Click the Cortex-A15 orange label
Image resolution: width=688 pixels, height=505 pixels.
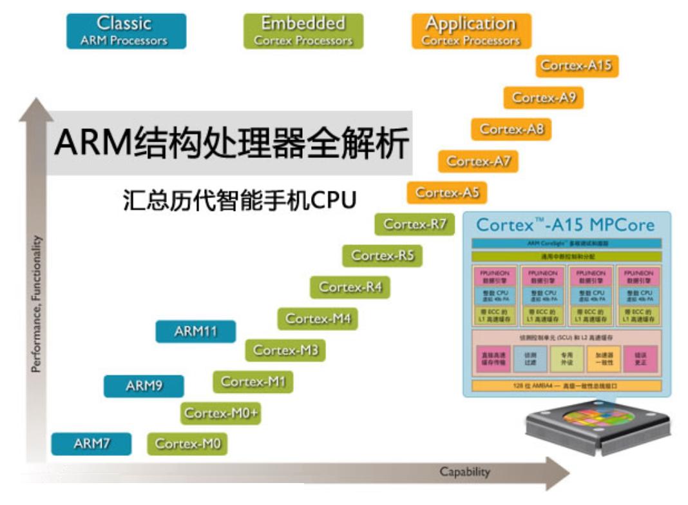pos(577,66)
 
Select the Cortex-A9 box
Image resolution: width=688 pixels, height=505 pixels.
pos(544,98)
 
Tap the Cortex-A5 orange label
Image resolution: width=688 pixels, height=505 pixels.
pos(446,192)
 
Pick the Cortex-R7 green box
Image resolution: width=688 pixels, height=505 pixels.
pos(414,224)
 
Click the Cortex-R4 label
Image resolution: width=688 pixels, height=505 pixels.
pos(350,287)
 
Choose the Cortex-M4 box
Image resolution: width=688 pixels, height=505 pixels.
pos(318,319)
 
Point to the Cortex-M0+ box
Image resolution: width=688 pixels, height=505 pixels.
pos(222,413)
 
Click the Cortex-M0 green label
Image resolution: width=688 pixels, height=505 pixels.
pos(187,444)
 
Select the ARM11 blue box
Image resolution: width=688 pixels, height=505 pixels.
pos(195,332)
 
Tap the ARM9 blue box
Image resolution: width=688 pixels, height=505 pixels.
pos(144,386)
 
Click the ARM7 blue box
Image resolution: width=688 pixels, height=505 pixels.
pos(91,444)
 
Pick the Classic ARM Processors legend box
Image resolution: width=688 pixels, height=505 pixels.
pos(126,31)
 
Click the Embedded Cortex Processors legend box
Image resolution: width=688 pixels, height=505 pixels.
pos(303,31)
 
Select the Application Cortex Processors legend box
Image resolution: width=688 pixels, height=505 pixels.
pos(471,31)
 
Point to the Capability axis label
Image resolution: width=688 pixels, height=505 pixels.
pos(464,472)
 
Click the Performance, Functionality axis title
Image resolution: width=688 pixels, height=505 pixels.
pos(37,303)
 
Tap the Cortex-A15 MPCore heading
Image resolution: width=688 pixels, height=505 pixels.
pos(565,225)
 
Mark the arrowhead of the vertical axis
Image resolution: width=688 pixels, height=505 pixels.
pos(36,110)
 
